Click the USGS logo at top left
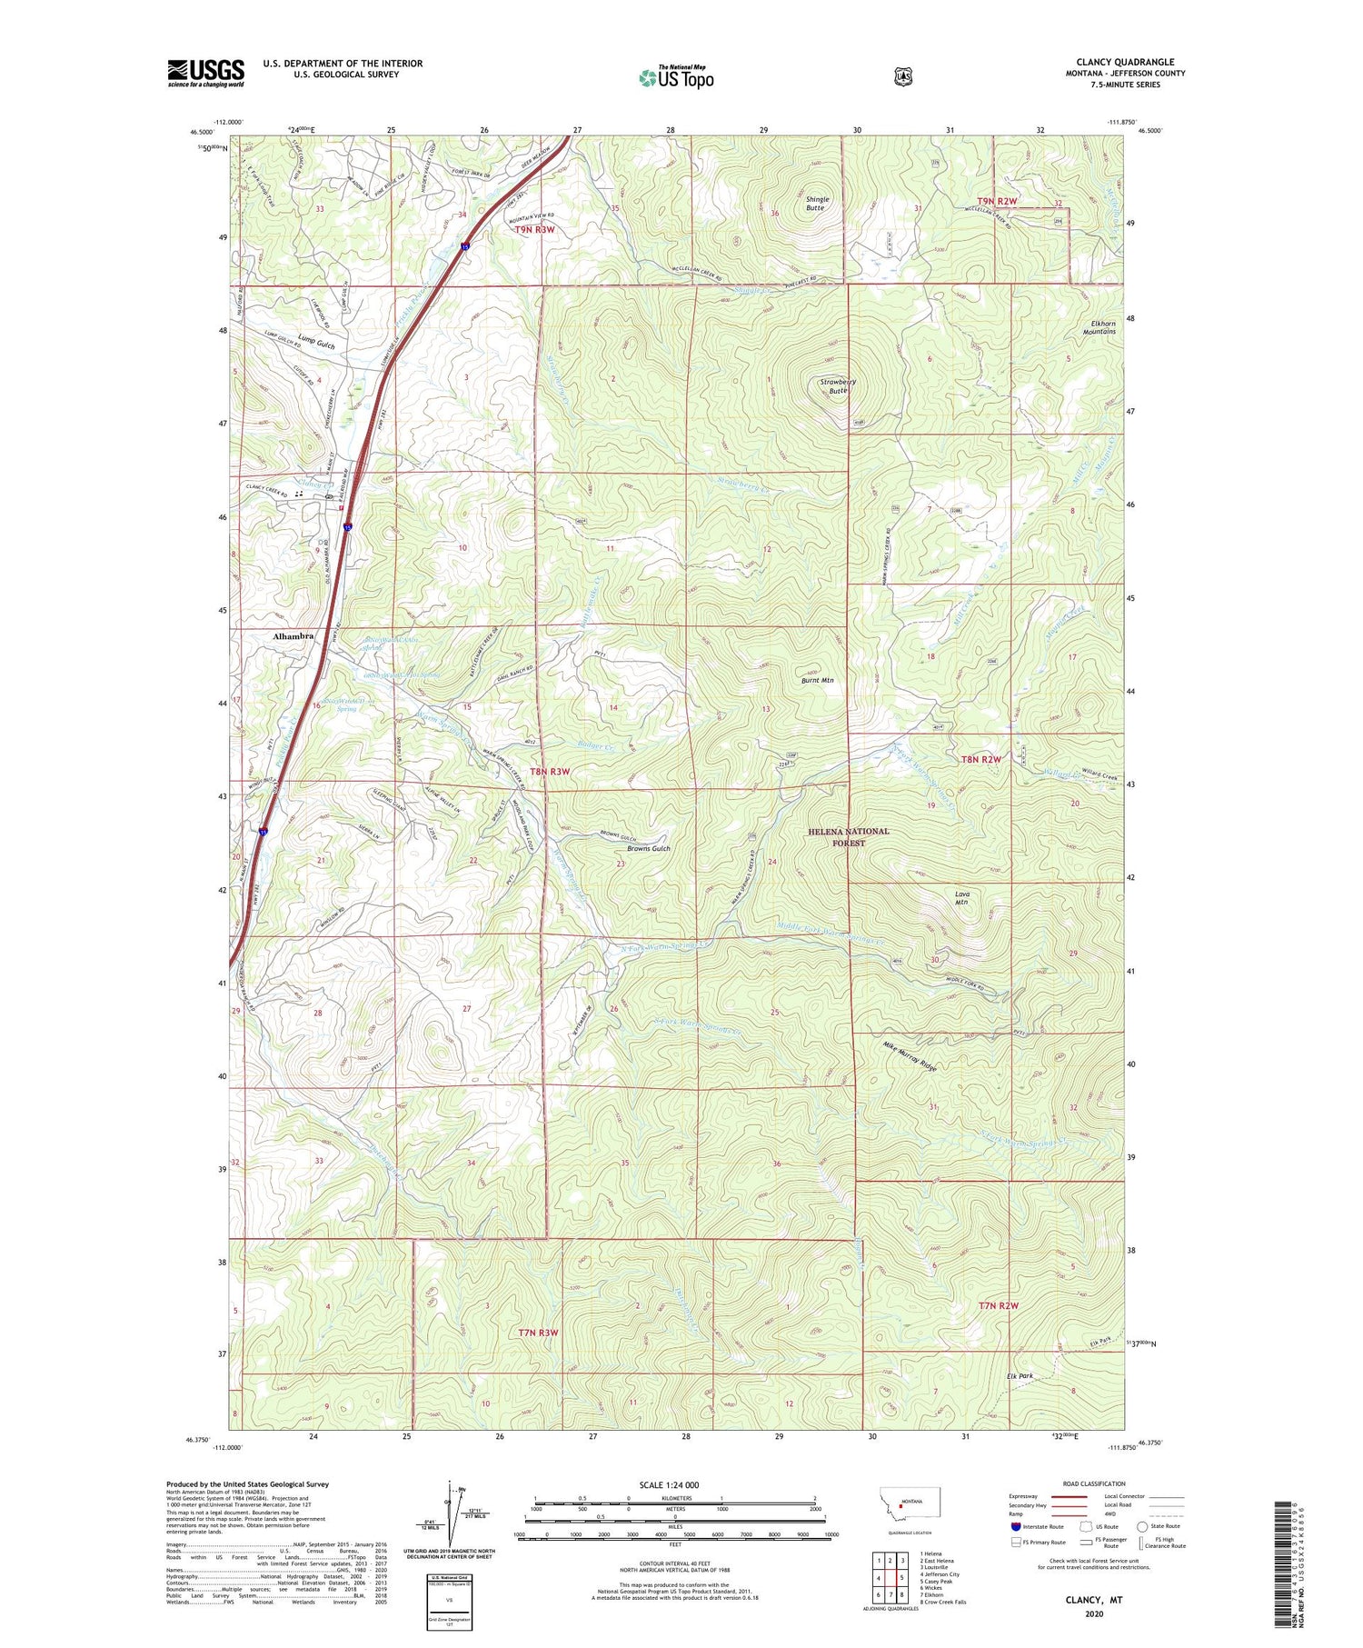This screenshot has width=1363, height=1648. [205, 73]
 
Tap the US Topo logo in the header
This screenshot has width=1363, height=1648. [676, 77]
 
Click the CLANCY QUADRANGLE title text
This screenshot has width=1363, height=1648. [1124, 62]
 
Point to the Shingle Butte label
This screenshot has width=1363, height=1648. [815, 204]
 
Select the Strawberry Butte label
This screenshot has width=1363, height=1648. [838, 386]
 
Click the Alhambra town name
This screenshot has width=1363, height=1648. [293, 636]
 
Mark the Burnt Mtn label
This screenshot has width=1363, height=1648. [817, 680]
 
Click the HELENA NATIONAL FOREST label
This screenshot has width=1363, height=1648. [848, 836]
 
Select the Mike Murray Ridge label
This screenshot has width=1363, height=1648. [910, 1056]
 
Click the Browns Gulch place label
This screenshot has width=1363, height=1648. [648, 848]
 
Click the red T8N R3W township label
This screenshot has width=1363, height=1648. [551, 771]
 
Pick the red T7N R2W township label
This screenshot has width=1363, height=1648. [999, 1305]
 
